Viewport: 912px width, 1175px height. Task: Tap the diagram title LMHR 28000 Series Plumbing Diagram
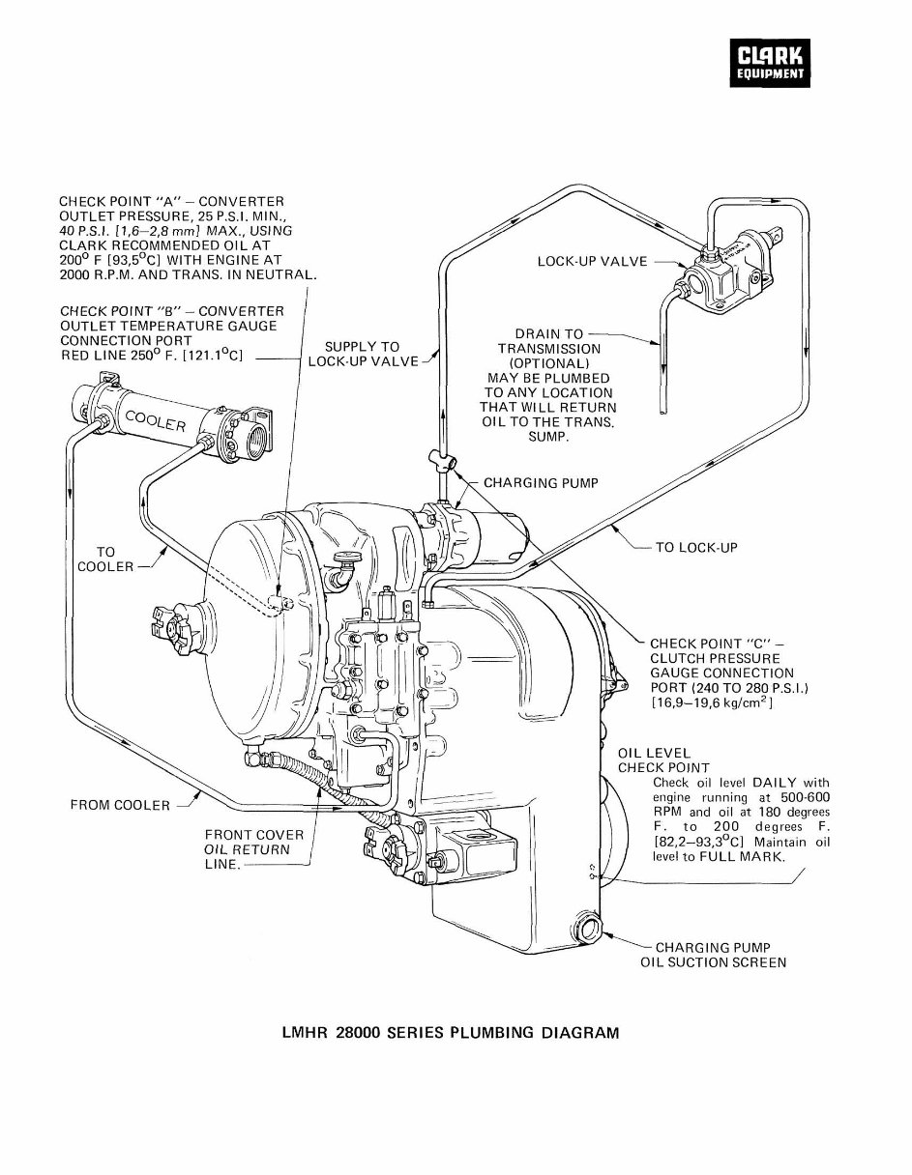(449, 1032)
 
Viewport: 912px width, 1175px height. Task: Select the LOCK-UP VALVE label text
(592, 262)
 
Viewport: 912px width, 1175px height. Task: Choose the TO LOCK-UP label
(696, 547)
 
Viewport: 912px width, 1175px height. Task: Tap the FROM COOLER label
(120, 805)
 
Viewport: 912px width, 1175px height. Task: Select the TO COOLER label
(104, 559)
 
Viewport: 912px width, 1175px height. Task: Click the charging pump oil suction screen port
(589, 931)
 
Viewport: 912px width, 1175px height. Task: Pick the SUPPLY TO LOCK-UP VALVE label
(363, 354)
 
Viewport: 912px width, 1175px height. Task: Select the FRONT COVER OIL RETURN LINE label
(253, 849)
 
